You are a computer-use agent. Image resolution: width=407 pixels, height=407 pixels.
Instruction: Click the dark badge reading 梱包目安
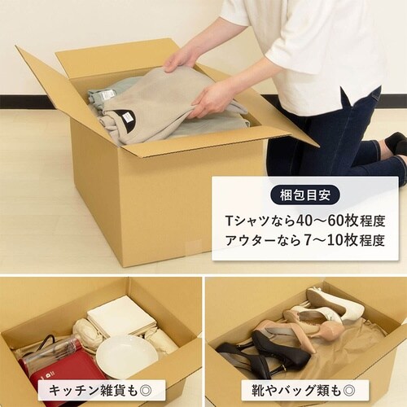tap(305, 195)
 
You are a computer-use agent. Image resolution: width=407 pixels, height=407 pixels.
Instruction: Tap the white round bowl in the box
tap(126, 356)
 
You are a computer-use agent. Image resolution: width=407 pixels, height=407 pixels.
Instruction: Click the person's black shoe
tap(396, 143)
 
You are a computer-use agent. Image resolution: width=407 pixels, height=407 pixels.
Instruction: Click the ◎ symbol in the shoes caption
tap(352, 390)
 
